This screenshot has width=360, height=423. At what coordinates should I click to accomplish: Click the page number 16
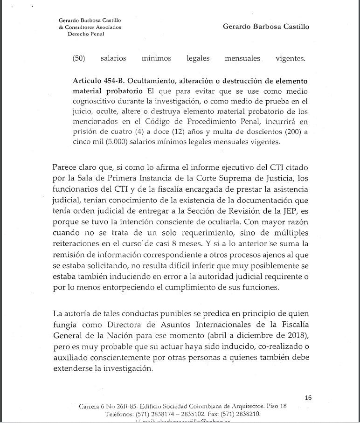click(x=308, y=398)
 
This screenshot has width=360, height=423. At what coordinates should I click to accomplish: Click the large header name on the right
click(x=266, y=27)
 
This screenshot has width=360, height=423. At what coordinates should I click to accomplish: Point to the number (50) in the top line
click(x=79, y=58)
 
